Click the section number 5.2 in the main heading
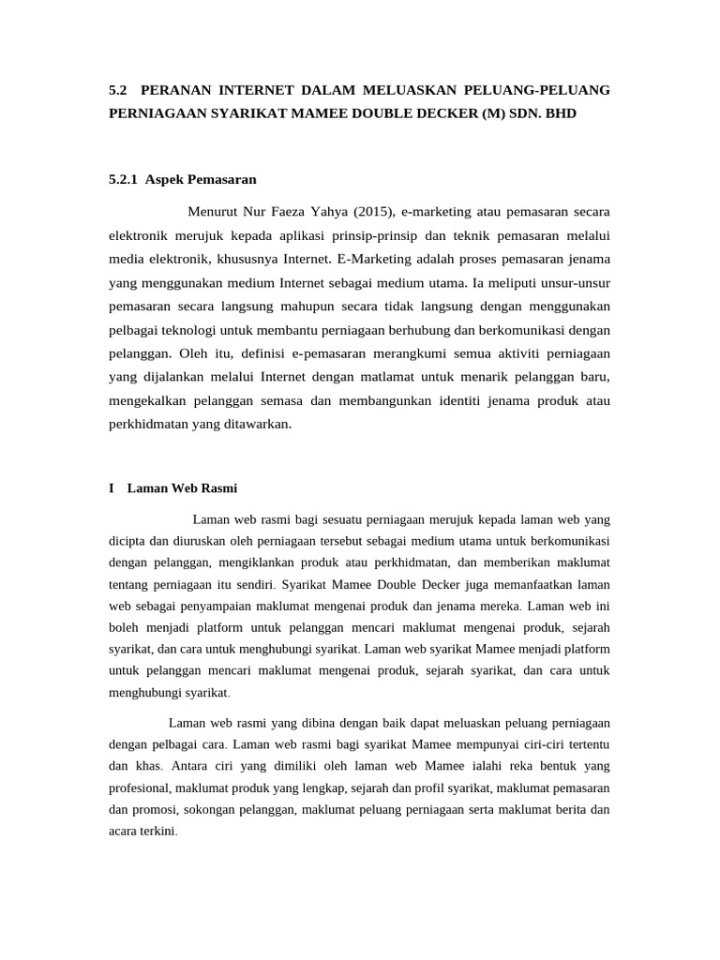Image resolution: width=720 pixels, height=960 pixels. click(x=117, y=90)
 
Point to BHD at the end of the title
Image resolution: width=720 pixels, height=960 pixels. click(x=558, y=113)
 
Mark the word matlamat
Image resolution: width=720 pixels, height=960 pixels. click(x=402, y=376)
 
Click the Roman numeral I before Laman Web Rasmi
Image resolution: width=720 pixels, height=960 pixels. click(x=112, y=488)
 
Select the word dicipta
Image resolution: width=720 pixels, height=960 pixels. click(x=130, y=541)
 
